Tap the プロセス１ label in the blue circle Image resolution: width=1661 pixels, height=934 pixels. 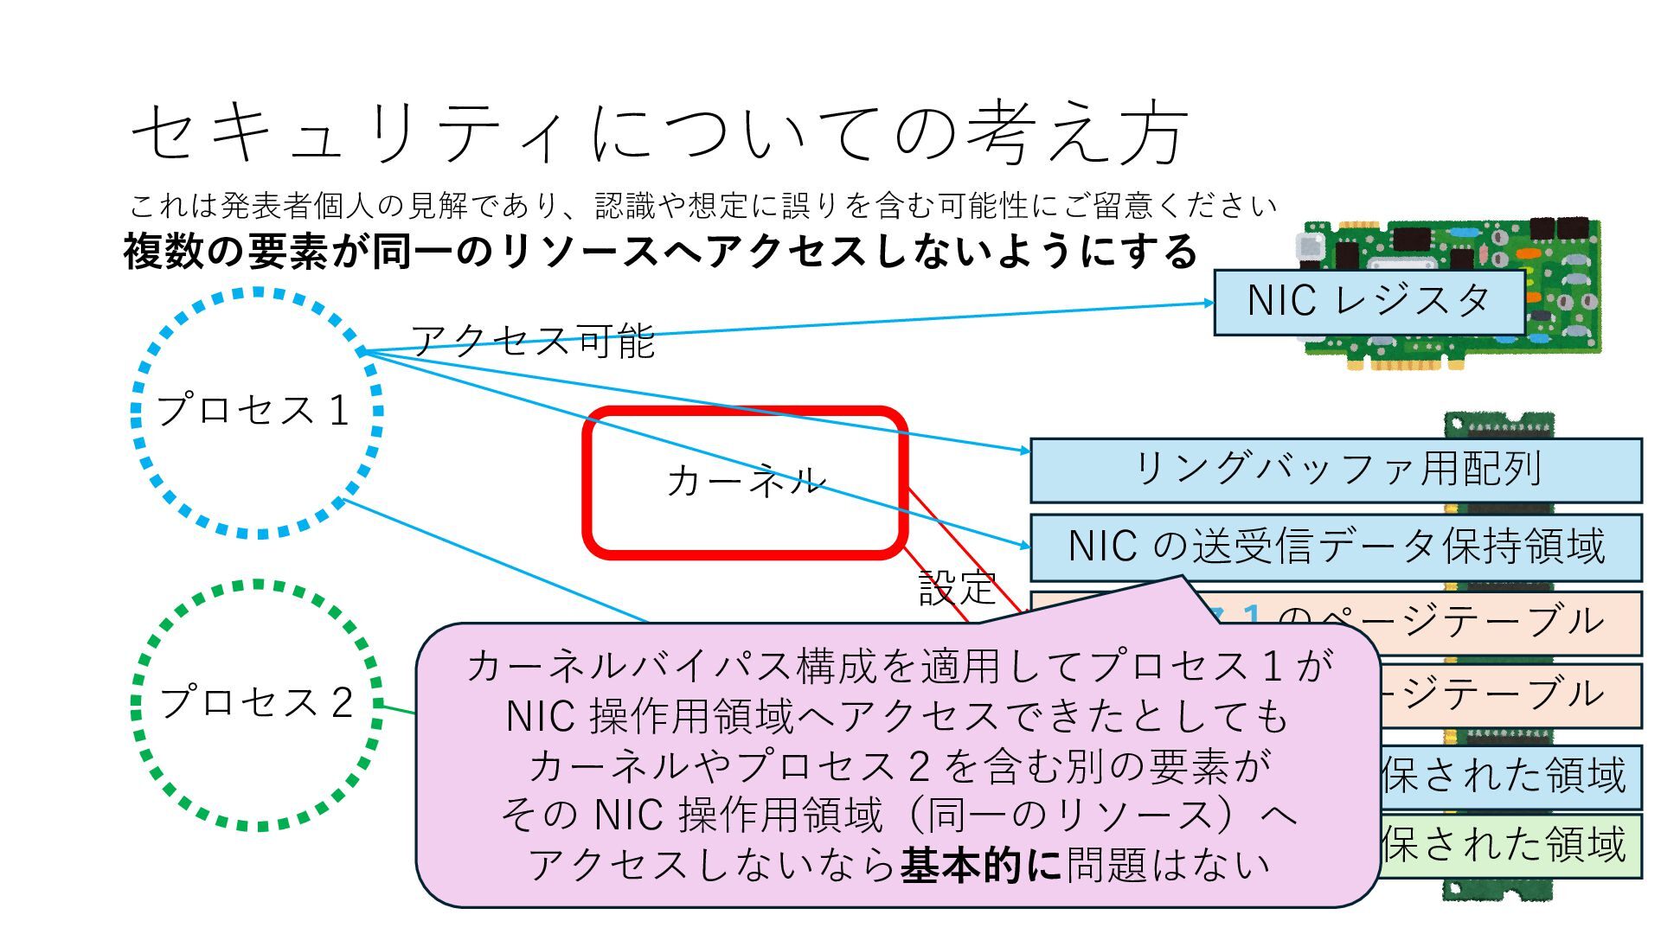coord(253,410)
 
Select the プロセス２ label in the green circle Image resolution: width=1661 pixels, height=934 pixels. coord(257,702)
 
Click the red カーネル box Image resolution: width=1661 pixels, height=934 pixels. coord(745,481)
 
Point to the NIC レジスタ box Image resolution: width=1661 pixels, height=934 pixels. coord(1369,302)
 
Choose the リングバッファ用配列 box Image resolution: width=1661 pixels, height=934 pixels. coord(1337,470)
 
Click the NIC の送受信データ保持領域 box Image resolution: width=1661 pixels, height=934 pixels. coord(1337,547)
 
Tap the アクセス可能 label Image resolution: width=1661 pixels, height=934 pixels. coord(532,341)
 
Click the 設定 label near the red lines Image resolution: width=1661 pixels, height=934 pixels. coord(957,588)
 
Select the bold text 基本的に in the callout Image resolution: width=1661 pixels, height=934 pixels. coord(981,865)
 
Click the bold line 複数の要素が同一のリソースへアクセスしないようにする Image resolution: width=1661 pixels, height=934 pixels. coord(659,252)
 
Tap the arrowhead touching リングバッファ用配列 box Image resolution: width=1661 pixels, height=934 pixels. coord(1025,451)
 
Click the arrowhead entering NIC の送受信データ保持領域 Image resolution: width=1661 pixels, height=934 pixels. coord(1025,547)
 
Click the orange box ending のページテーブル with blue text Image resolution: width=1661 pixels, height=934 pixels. coord(1427,621)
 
